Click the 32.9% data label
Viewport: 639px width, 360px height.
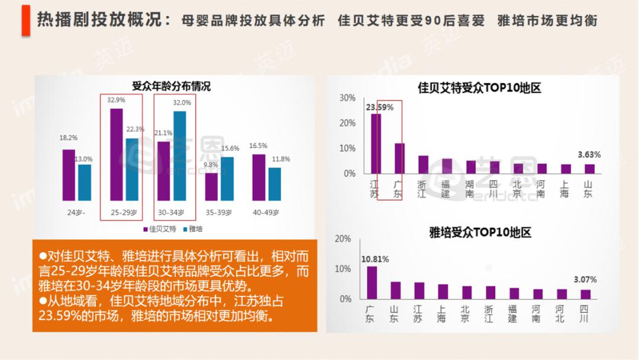[x=116, y=100]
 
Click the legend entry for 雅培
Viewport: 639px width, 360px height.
[x=193, y=229]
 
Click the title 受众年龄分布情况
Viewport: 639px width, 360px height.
[x=171, y=86]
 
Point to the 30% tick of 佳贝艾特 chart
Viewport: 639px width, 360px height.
[x=348, y=98]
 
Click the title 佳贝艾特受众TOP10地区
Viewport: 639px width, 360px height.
[x=479, y=88]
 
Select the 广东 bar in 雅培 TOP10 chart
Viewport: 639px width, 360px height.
[x=372, y=282]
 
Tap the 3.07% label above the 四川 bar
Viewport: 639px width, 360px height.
[x=585, y=279]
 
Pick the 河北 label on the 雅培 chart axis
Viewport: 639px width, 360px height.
[x=560, y=314]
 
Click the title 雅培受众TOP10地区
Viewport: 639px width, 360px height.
[x=480, y=232]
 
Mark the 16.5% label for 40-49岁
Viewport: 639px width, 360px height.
[x=258, y=146]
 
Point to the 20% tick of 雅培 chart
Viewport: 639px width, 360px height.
[x=343, y=239]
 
